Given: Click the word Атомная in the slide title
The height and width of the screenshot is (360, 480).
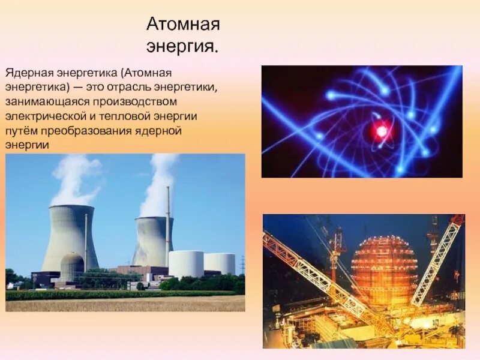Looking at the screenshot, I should pyautogui.click(x=183, y=26).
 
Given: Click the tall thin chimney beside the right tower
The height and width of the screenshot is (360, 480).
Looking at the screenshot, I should pyautogui.click(x=168, y=225).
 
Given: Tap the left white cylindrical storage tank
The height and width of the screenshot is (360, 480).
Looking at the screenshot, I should pyautogui.click(x=186, y=264).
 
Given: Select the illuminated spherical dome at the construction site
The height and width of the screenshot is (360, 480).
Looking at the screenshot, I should pyautogui.click(x=384, y=270).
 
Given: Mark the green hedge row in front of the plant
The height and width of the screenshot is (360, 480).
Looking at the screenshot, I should pyautogui.click(x=120, y=294).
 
